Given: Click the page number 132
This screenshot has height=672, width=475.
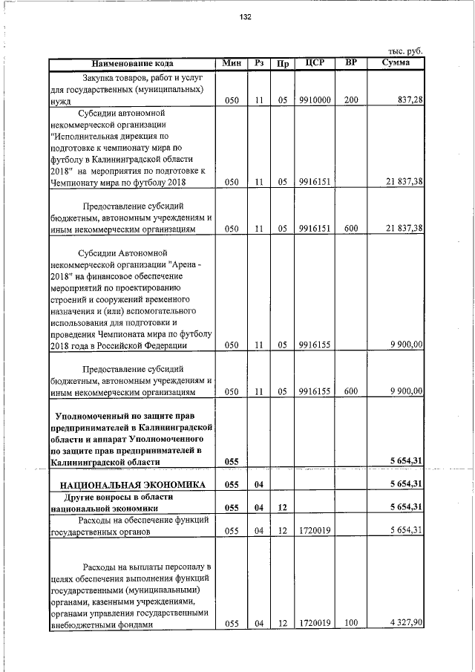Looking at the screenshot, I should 246,17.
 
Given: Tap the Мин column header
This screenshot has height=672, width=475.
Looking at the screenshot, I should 232,62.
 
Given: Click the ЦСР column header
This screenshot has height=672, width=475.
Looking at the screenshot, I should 315,62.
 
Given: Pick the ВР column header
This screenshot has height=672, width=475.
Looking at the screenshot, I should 351,62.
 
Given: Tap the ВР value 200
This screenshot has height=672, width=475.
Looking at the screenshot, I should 351,100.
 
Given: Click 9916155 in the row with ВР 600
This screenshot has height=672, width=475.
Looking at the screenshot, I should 314,391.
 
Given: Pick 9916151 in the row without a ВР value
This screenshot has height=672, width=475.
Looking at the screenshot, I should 314,182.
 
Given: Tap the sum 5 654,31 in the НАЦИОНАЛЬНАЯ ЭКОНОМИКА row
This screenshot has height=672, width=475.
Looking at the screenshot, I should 406,484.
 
